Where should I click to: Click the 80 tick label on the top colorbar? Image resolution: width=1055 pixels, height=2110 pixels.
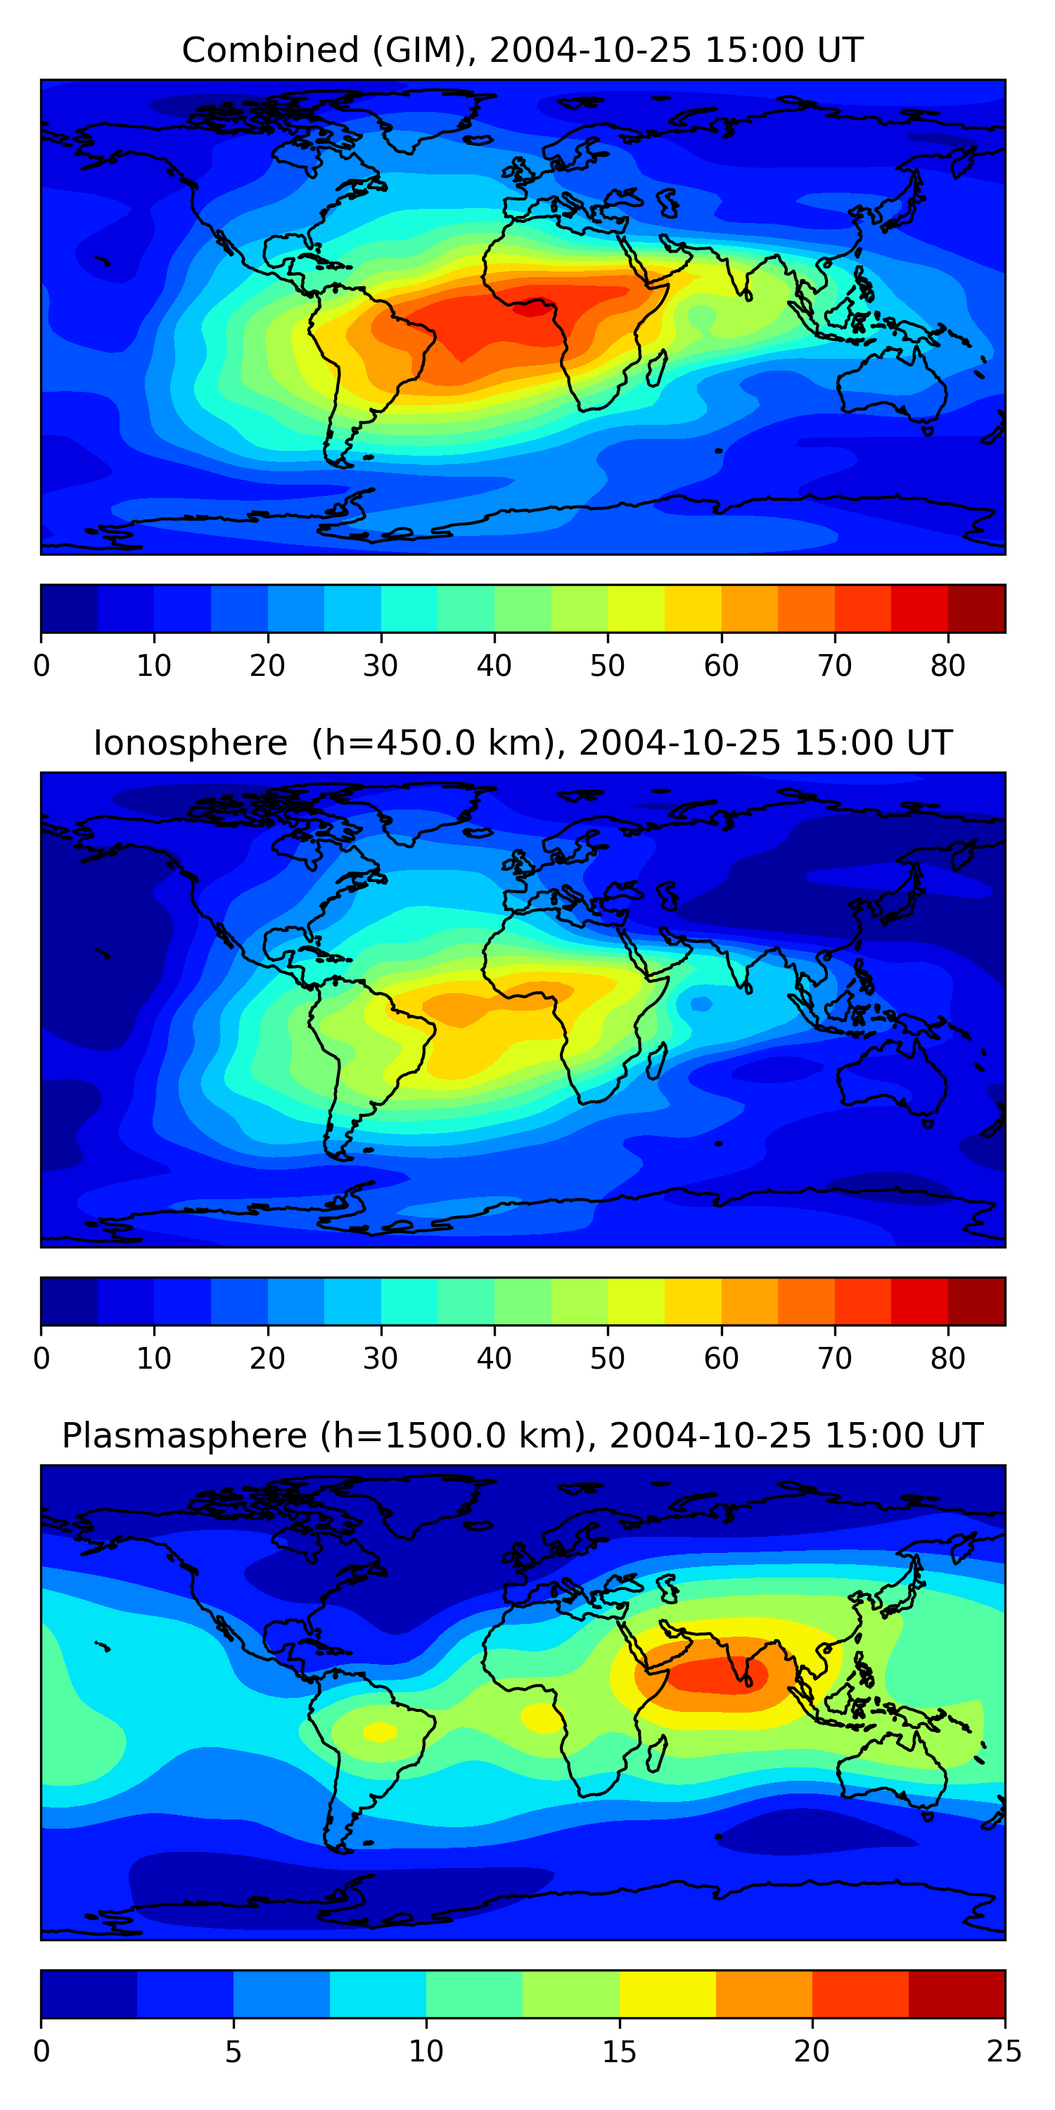(x=947, y=666)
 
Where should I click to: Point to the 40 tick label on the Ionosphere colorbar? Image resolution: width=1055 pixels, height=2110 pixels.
(x=494, y=1359)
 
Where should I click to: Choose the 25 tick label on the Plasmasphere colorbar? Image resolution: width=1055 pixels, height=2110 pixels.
(x=1004, y=2052)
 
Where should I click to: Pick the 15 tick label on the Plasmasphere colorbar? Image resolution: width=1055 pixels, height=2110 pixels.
(x=619, y=2052)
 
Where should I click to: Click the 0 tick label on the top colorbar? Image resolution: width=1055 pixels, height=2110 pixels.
(x=41, y=666)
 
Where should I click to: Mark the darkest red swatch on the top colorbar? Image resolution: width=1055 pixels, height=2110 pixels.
(x=976, y=608)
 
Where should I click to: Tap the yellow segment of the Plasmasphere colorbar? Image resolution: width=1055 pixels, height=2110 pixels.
(x=667, y=1995)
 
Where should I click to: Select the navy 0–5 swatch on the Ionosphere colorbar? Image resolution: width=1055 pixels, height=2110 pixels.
(x=70, y=1302)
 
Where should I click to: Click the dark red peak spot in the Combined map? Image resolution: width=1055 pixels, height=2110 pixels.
(x=532, y=308)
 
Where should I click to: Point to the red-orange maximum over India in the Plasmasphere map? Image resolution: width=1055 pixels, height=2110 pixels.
(x=721, y=1673)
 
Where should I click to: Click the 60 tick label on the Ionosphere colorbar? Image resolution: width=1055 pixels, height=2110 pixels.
(x=721, y=1359)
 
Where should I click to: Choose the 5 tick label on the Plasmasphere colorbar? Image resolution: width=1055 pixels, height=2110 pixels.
(x=234, y=2052)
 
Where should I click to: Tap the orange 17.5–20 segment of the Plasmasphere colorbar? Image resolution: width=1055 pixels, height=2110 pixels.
(x=765, y=1995)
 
